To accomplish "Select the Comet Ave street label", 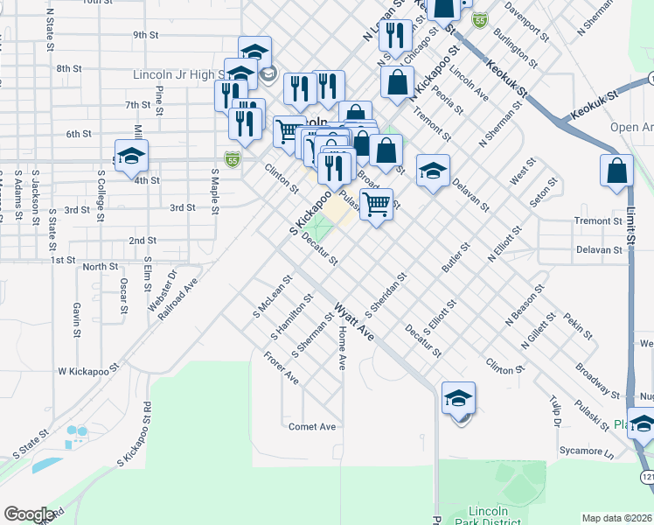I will (312, 427).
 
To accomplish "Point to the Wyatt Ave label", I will (353, 323).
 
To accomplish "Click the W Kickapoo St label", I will (87, 371).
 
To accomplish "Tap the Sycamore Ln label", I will (586, 451).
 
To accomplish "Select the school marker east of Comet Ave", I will (458, 399).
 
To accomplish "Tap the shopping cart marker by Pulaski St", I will (376, 206).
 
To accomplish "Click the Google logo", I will (29, 514).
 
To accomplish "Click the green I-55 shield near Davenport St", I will (478, 19).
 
